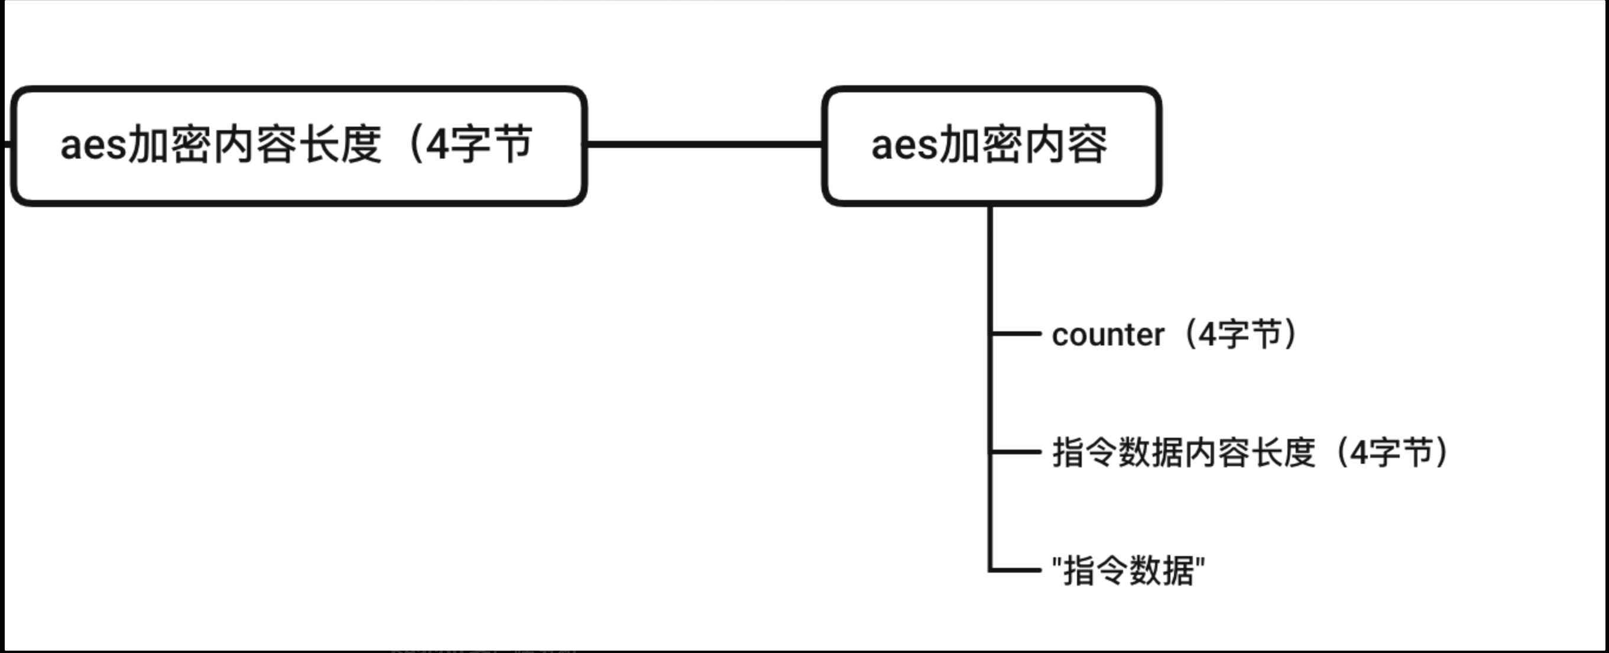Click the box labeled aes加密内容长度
tap(299, 146)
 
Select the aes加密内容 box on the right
tap(991, 146)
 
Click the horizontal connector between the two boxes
tap(704, 144)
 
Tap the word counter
tap(1107, 335)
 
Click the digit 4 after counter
tap(1208, 335)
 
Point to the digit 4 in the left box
tap(437, 146)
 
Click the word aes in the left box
tap(92, 146)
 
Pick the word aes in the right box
tap(904, 146)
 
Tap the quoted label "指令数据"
tap(1128, 571)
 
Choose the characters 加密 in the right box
tap(981, 146)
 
